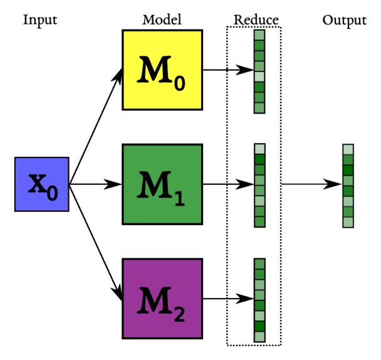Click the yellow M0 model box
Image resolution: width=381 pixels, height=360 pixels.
click(161, 70)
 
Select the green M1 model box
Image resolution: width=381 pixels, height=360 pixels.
click(161, 184)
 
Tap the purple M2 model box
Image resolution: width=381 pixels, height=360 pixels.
click(161, 299)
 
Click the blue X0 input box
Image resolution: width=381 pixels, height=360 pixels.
click(42, 184)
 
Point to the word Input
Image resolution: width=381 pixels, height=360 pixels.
click(40, 20)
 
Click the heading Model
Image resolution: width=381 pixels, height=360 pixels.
click(162, 20)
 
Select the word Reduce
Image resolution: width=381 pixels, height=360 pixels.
click(256, 20)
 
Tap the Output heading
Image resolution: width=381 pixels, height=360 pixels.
click(344, 20)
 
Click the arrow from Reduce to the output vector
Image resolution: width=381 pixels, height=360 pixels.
click(311, 184)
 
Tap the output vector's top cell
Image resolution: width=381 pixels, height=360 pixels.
click(348, 149)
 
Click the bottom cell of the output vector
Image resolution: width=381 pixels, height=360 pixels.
click(348, 222)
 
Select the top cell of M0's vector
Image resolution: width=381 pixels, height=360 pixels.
click(259, 36)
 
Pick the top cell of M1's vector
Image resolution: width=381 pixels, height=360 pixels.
click(259, 149)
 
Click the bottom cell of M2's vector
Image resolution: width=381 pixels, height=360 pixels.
click(259, 337)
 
